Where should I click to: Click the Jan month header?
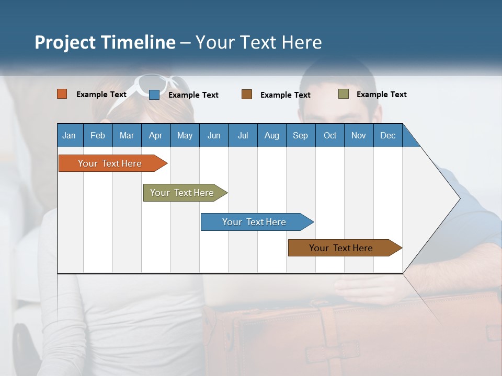coord(69,135)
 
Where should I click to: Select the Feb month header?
coord(98,135)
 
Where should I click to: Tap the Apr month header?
coord(155,135)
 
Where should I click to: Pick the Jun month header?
coord(214,135)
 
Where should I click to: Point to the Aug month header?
coord(271,135)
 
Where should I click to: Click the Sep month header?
coord(300,135)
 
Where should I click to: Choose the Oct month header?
coord(330,135)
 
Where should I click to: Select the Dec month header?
coord(387,135)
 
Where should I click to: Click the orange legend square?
coord(62,94)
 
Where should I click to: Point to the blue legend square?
coord(154,95)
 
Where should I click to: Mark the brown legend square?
coord(247,95)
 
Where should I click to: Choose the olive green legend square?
coord(344,94)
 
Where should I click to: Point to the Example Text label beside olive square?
coord(381,95)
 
